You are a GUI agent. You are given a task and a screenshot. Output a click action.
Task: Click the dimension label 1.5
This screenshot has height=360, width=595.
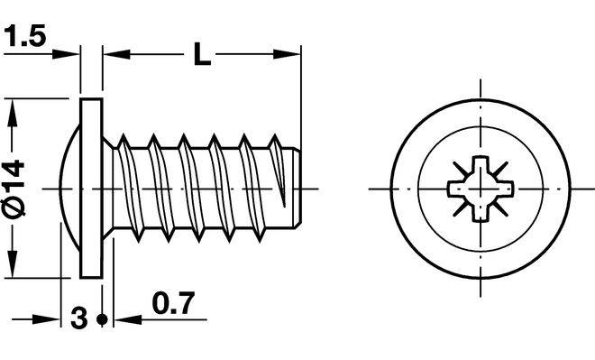(x=24, y=36)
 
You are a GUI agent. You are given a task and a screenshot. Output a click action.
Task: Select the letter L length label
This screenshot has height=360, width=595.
(x=202, y=54)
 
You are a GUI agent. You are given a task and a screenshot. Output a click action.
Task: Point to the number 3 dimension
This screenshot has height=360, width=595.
(x=79, y=318)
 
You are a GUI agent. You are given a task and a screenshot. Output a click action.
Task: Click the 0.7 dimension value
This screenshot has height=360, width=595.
(x=173, y=302)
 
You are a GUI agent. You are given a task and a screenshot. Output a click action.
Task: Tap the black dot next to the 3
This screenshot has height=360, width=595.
(x=102, y=319)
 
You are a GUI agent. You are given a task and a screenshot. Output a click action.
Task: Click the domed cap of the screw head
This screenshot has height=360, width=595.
(x=70, y=189)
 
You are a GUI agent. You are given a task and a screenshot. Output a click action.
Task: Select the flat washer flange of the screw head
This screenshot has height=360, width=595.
(x=91, y=189)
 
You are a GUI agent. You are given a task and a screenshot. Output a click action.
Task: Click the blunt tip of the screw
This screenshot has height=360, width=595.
(x=297, y=188)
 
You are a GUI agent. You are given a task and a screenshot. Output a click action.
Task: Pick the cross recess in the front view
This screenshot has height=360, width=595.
(x=481, y=189)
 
